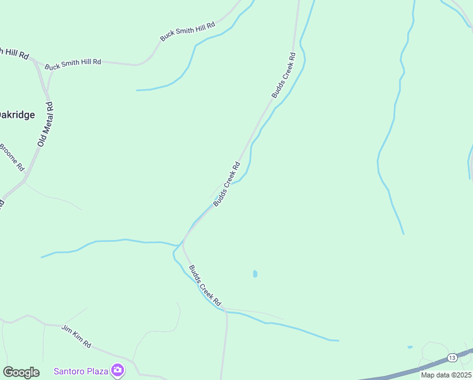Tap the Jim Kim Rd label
(77, 336)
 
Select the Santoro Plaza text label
(80, 371)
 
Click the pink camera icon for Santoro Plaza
(117, 370)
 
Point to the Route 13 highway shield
(451, 358)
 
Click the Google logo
(21, 372)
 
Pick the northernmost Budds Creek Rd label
(284, 75)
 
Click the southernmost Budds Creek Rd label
(204, 284)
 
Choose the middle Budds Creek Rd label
(226, 184)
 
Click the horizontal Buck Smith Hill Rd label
(73, 63)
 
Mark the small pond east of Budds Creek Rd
(255, 274)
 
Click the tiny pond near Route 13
(410, 347)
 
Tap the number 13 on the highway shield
(451, 358)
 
